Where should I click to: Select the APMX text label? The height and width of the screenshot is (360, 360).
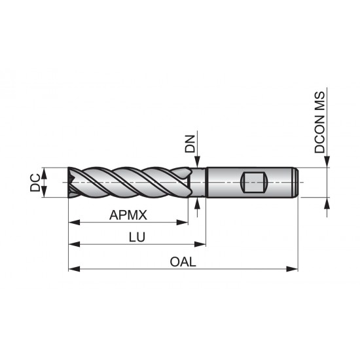click(x=128, y=214)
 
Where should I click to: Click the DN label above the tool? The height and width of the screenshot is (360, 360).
click(x=190, y=144)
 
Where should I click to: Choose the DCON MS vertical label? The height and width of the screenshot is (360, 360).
click(x=320, y=122)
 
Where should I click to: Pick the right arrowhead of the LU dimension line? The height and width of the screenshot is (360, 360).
click(x=202, y=245)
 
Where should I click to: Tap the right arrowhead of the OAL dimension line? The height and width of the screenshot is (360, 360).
click(x=294, y=269)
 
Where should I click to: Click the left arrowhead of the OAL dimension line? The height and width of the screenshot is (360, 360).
click(x=73, y=269)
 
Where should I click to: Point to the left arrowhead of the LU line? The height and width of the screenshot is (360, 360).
click(x=73, y=245)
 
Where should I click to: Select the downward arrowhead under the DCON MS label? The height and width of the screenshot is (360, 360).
click(x=325, y=163)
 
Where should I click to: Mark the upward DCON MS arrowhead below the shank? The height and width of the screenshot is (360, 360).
click(x=325, y=202)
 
